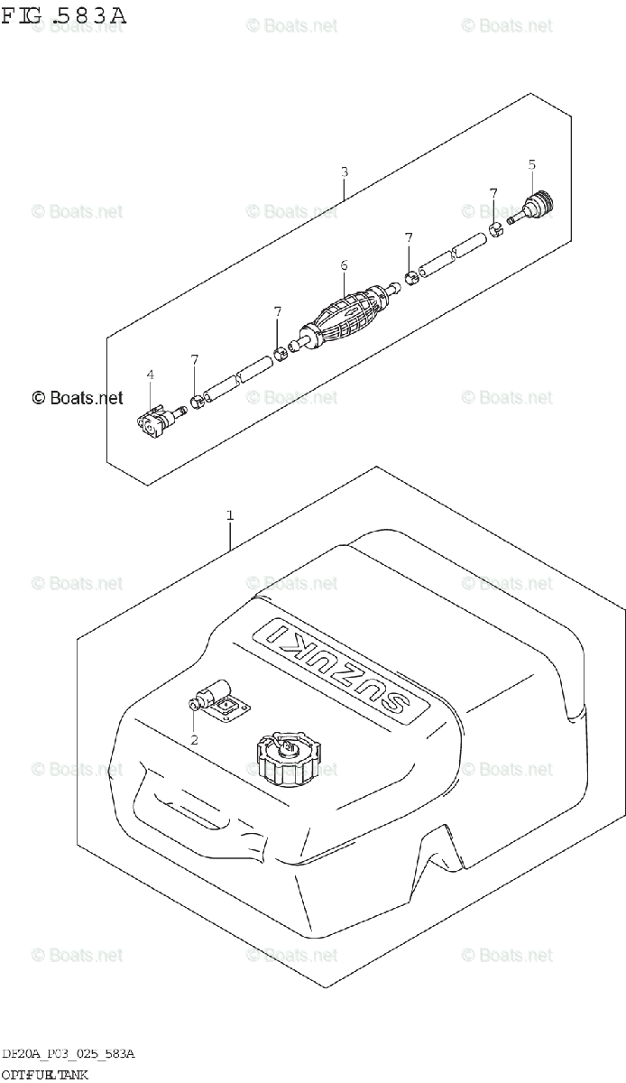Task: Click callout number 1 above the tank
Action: [230, 515]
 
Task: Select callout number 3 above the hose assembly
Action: [345, 171]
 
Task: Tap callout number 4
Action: [151, 375]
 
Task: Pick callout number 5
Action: [531, 164]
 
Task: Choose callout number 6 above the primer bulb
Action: [344, 265]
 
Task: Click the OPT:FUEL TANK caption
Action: [44, 1074]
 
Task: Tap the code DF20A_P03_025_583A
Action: [69, 1055]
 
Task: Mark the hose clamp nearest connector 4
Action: [196, 401]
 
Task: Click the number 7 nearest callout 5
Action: [493, 192]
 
